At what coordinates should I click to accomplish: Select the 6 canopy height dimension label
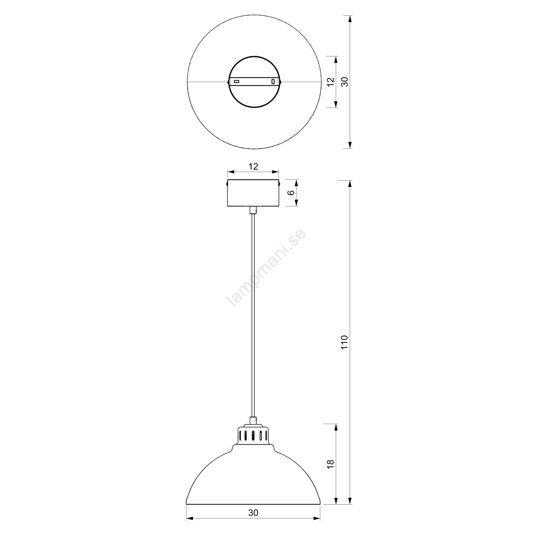(291, 193)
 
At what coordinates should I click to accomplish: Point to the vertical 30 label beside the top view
(345, 82)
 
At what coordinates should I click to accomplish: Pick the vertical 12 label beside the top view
(331, 82)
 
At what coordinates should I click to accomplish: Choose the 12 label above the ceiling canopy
(253, 166)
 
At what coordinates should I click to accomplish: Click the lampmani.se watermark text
(266, 268)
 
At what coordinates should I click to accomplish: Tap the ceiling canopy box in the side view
(253, 193)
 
